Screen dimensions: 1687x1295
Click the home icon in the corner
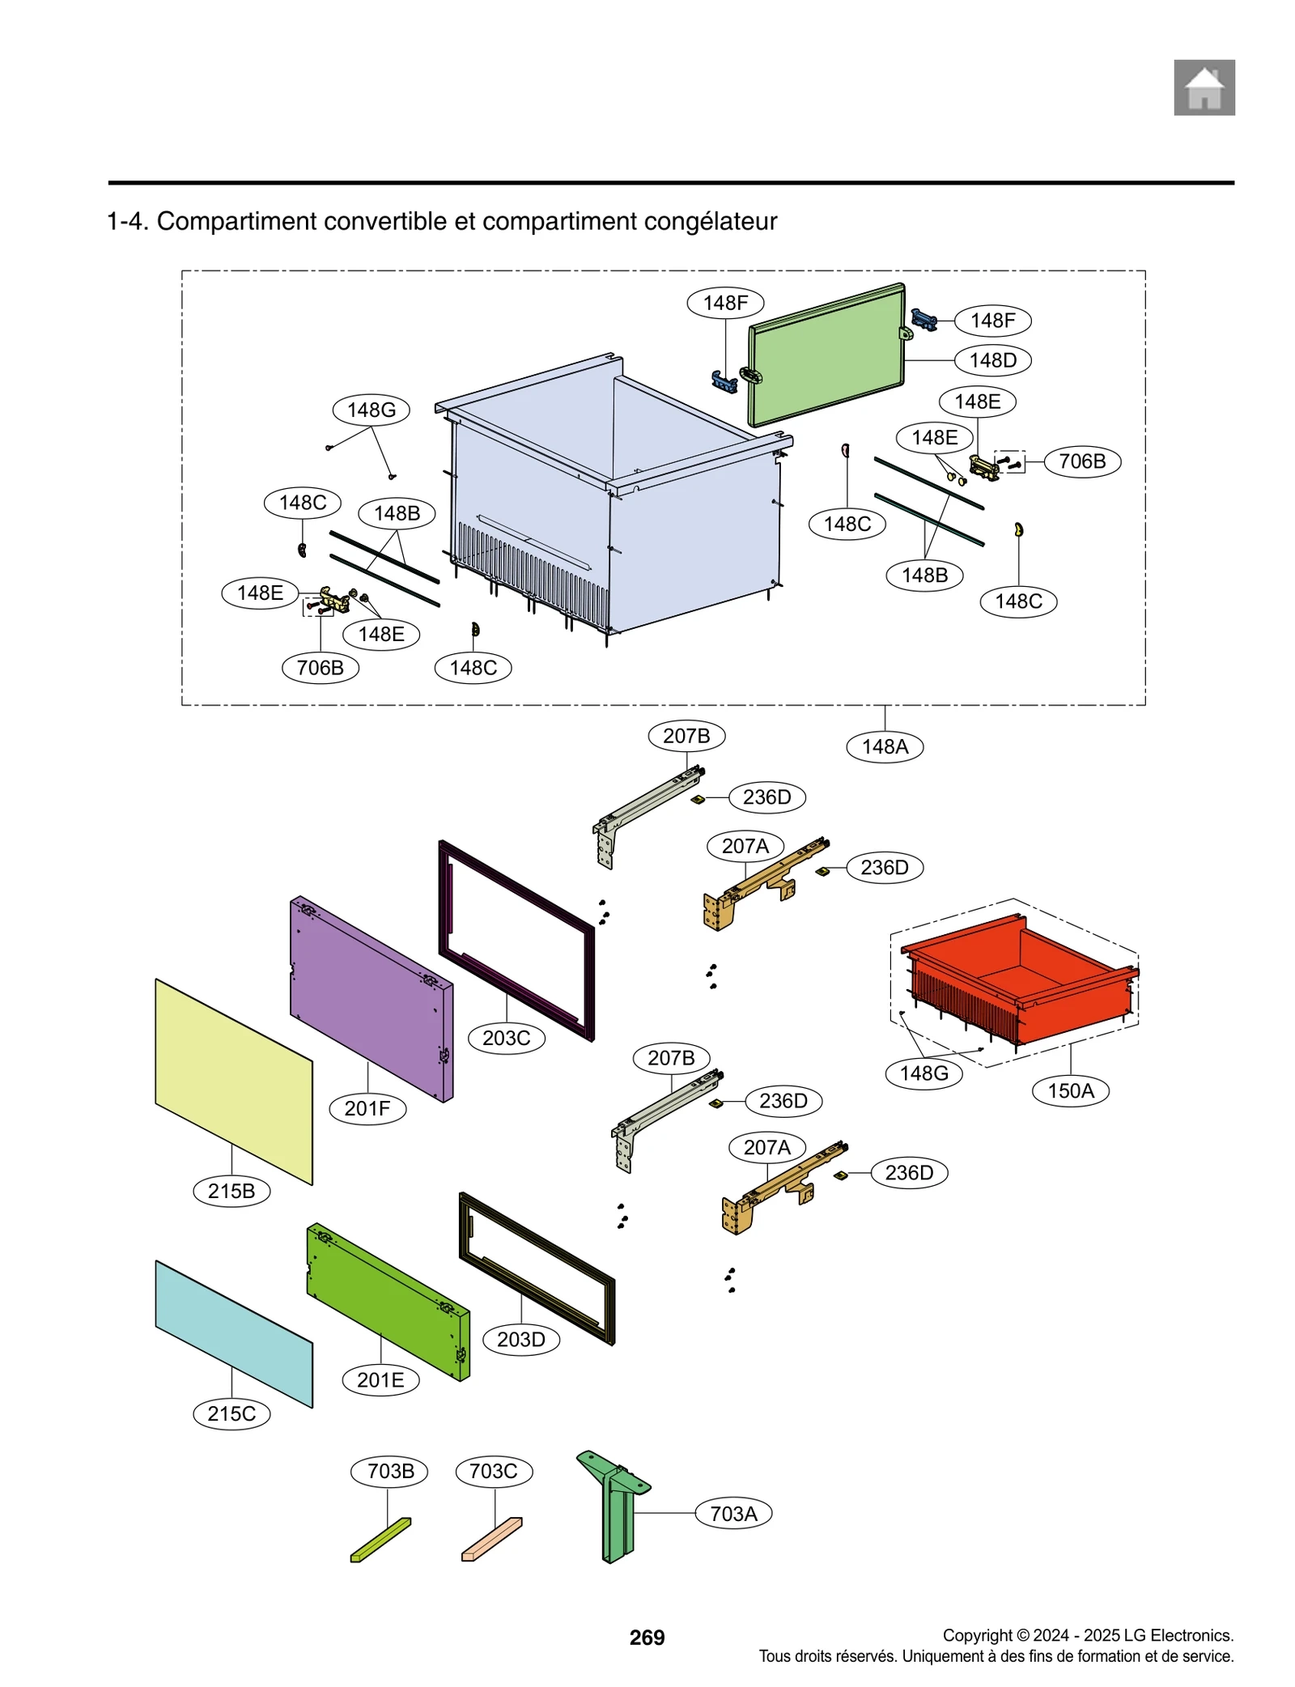click(1204, 87)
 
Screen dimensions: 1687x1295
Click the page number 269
click(647, 1637)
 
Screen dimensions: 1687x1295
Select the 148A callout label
click(884, 746)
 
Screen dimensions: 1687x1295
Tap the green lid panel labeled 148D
click(824, 355)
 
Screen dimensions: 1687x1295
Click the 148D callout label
click(992, 360)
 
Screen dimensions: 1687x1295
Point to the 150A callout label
click(1070, 1090)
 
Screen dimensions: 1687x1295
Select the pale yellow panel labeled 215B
click(233, 1081)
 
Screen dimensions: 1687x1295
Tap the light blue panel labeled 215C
click(233, 1333)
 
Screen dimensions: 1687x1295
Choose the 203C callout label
click(506, 1038)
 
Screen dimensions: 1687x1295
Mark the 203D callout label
click(520, 1339)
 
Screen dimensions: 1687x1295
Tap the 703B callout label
click(390, 1471)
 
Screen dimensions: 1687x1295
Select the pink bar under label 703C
click(491, 1538)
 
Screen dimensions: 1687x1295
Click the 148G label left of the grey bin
click(371, 410)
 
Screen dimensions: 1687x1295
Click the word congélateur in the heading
click(707, 221)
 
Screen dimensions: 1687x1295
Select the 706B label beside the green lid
click(1081, 461)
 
